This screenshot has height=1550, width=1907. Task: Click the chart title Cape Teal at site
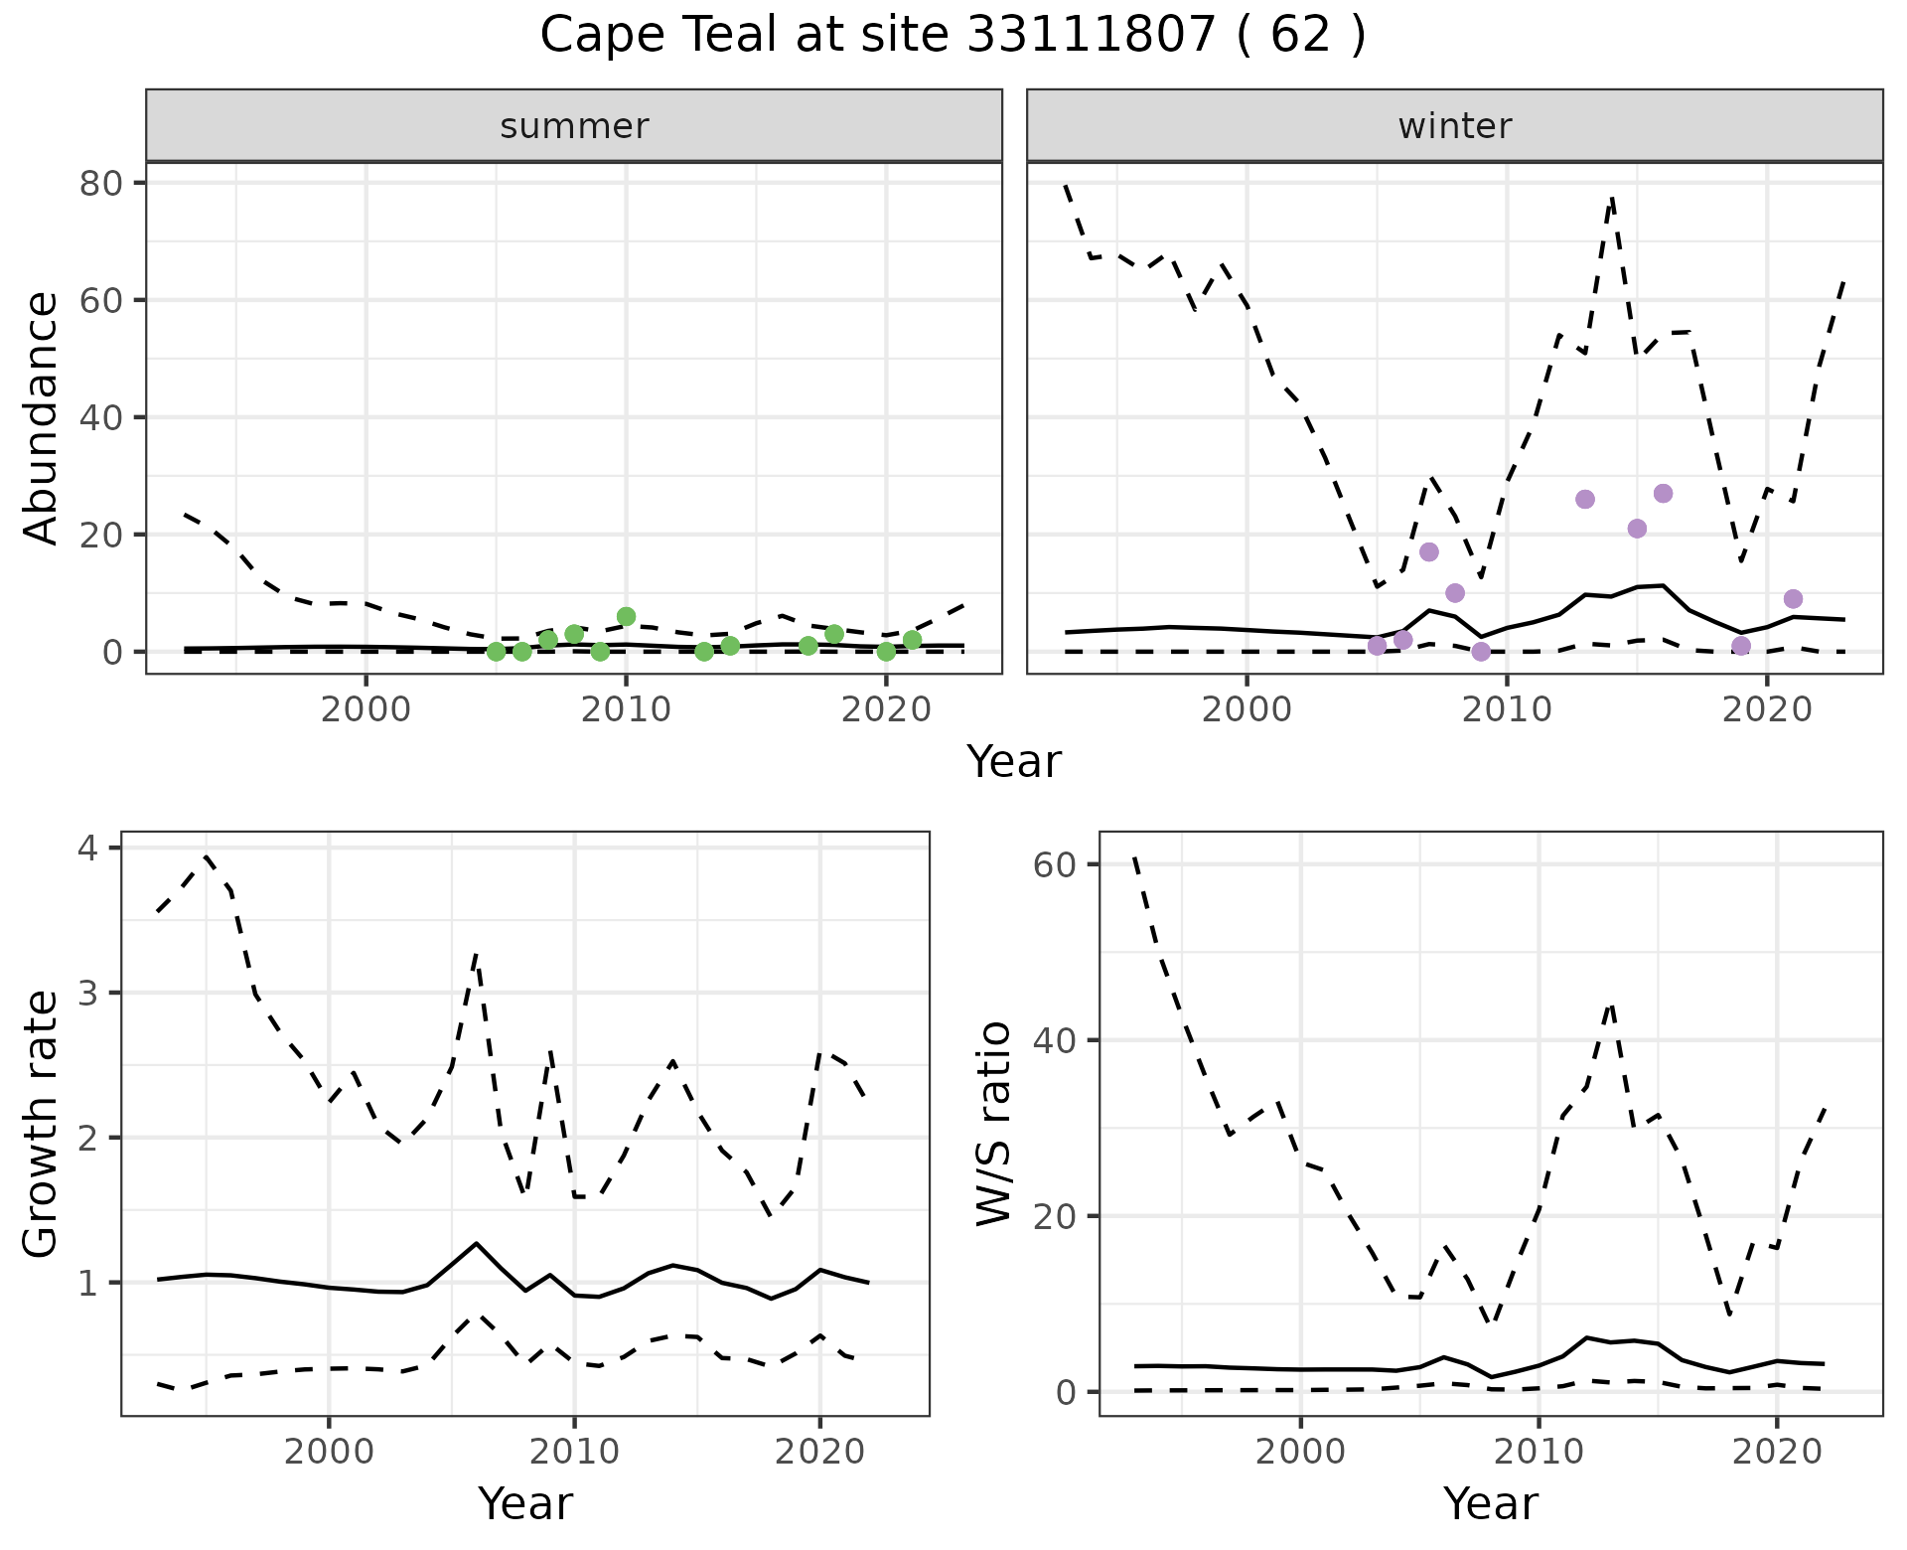[953, 36]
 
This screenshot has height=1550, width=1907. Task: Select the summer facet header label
[574, 126]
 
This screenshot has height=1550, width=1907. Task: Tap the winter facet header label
[1454, 126]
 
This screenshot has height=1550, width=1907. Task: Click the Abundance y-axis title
[41, 417]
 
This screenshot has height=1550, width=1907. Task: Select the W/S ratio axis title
[993, 1124]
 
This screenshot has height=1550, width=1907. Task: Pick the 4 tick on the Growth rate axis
[88, 849]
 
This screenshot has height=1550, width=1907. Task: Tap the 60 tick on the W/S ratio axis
[1055, 864]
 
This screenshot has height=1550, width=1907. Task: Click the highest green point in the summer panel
[626, 616]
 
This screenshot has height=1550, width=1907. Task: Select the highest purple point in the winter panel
[1663, 494]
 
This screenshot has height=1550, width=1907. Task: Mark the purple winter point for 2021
[1793, 598]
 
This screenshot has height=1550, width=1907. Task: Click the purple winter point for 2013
[1585, 499]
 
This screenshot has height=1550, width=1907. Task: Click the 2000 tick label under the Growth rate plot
[329, 1451]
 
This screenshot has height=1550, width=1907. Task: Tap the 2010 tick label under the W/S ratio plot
[1539, 1451]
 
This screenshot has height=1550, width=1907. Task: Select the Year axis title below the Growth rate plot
[524, 1503]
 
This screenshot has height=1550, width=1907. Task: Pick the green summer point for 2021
[912, 640]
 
